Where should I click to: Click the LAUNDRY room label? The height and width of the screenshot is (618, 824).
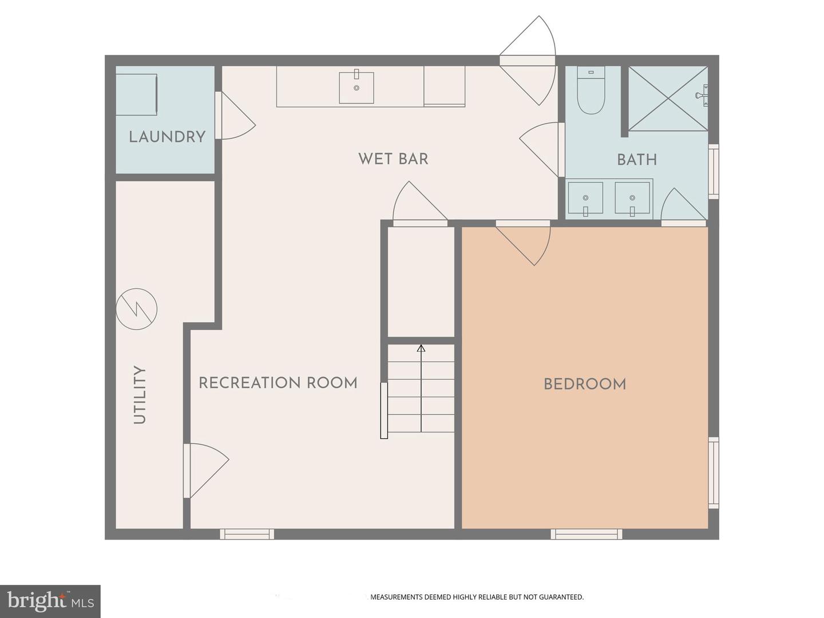(x=167, y=137)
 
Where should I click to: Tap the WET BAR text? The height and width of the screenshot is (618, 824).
(x=393, y=159)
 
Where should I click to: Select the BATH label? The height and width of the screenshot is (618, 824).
(x=637, y=160)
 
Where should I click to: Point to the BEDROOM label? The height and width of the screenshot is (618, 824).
(x=585, y=384)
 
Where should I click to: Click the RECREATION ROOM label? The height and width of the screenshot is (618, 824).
(x=278, y=383)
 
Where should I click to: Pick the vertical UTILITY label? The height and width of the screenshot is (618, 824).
(x=140, y=395)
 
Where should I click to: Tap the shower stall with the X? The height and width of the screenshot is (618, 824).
(x=668, y=98)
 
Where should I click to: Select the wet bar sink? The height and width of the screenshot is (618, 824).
(x=356, y=88)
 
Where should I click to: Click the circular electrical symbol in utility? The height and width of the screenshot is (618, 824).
(x=136, y=309)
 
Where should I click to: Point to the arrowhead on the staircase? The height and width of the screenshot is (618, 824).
(x=421, y=348)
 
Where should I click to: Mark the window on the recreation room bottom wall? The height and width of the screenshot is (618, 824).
(x=247, y=534)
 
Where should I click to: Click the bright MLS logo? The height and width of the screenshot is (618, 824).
(x=50, y=601)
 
